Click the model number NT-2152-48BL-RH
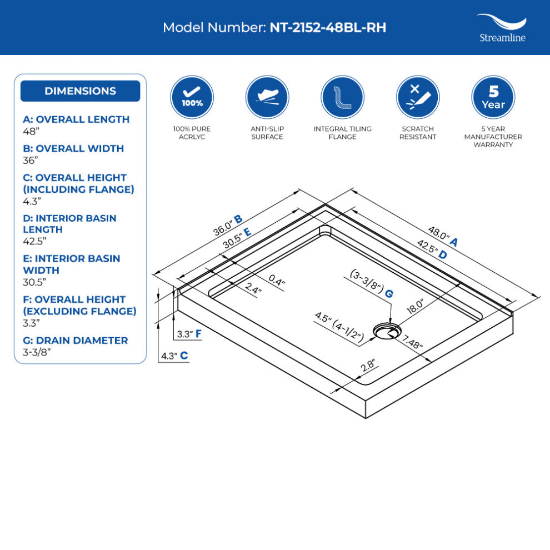pos(328,28)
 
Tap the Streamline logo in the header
pos(502,28)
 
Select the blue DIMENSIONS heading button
pos(80,91)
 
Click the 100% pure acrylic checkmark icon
pos(192,97)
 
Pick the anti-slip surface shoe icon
pos(267,97)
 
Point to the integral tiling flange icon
pos(343,97)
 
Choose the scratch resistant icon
pos(418,97)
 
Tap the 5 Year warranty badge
pos(493,97)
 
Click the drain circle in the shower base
pos(384,331)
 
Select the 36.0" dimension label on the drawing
pos(223,226)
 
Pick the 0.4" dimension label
pos(277,280)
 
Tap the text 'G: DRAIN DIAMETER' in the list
pos(76,340)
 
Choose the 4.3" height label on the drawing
pos(168,356)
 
